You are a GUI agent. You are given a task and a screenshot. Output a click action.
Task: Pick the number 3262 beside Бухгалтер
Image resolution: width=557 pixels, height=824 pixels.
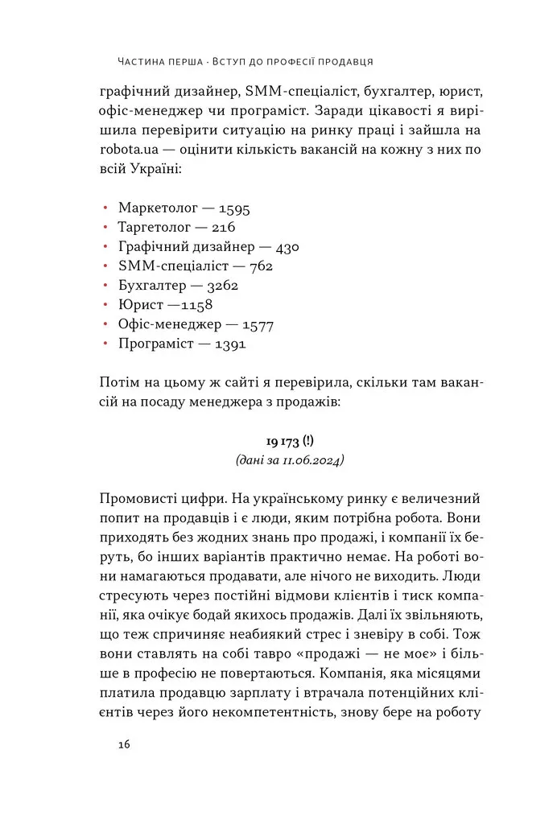pos(221,286)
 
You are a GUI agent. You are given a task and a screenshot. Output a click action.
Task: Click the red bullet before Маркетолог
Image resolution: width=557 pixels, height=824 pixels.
pos(105,208)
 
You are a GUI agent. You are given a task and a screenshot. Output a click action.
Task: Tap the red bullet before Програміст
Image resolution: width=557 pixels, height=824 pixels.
pos(105,344)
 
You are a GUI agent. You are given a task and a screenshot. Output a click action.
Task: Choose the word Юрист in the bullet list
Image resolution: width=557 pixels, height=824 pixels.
pos(137,305)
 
